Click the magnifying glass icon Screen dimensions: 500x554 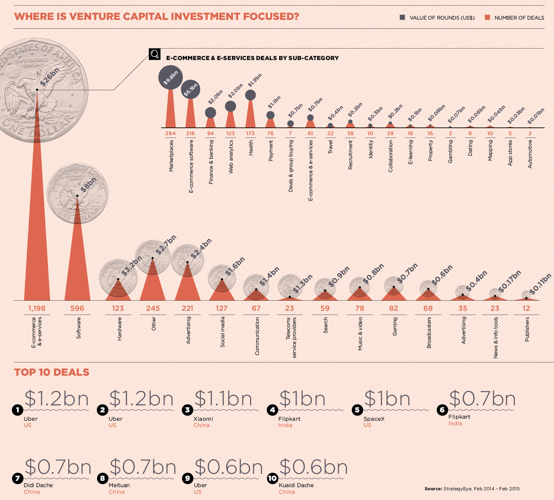pos(154,54)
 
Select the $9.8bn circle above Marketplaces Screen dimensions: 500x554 pos(170,78)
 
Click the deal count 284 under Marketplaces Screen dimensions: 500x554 pos(170,133)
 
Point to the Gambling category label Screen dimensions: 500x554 pos(450,152)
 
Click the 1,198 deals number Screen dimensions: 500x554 pos(37,308)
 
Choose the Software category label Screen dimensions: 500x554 pos(79,328)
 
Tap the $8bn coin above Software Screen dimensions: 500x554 pos(78,194)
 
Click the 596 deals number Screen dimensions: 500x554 pos(77,308)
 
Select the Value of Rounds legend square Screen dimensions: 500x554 pos(402,17)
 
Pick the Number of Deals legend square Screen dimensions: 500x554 pos(488,17)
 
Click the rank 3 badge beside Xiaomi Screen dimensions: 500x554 pos(188,410)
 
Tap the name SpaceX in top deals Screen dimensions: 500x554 pos(374,419)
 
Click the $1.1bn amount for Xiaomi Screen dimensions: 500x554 pos(223,399)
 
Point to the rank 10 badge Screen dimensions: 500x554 pos(272,478)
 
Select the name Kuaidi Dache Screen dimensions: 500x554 pos(296,485)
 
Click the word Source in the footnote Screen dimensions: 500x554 pos(433,489)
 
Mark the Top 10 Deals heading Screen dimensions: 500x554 pos(52,372)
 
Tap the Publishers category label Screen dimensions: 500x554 pos(527,329)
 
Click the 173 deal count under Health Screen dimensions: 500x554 pos(250,133)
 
